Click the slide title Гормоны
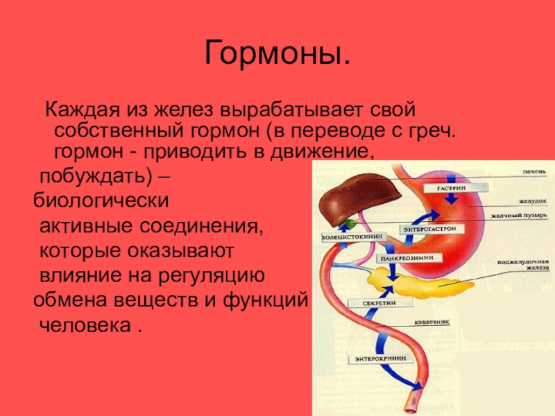277,54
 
